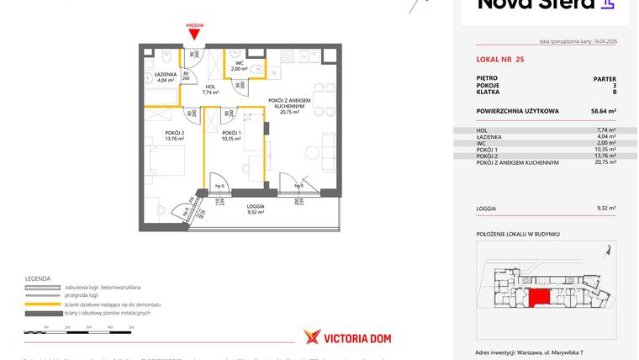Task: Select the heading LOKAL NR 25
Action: coord(500,59)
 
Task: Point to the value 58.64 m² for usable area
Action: coord(603,110)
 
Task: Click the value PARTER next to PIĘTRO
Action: coord(605,78)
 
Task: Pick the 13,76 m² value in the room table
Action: coord(606,156)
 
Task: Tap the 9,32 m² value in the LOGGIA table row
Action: coord(606,208)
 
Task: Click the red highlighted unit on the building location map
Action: coord(536,299)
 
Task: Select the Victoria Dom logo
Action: coord(346,337)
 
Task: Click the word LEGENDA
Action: coord(38,278)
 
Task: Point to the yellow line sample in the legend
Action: coord(42,304)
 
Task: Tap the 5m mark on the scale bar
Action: coord(131,326)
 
